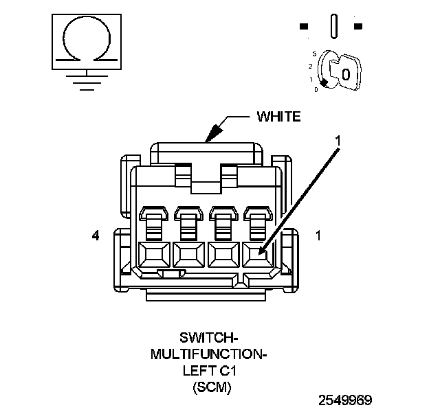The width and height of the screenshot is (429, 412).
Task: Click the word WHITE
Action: [x=278, y=116]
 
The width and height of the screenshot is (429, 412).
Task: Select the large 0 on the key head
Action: [x=346, y=73]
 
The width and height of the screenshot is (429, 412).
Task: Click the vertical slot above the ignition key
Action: [x=334, y=27]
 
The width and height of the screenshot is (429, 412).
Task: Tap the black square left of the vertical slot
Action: [x=303, y=27]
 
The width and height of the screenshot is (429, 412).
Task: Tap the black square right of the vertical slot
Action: [x=357, y=27]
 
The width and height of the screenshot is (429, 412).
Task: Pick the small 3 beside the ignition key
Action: [x=313, y=53]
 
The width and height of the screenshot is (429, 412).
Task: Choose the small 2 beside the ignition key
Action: [x=310, y=66]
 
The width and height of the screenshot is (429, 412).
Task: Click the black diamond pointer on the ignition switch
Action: [x=323, y=82]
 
